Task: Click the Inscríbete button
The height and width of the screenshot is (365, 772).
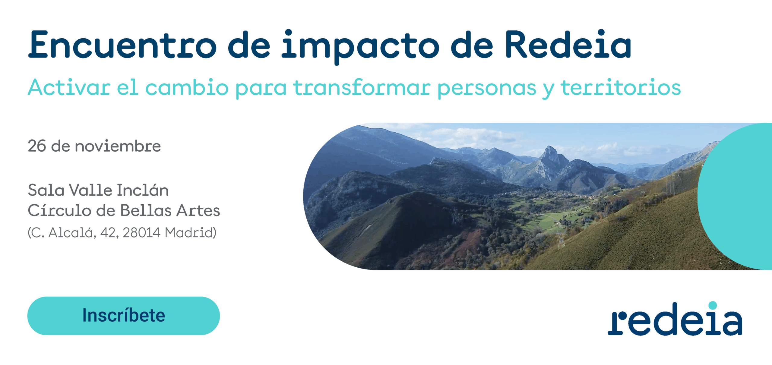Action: pyautogui.click(x=124, y=316)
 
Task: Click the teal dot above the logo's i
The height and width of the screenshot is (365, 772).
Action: pyautogui.click(x=713, y=305)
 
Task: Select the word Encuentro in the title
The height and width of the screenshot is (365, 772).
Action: pyautogui.click(x=122, y=44)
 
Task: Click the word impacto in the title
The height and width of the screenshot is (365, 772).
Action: pyautogui.click(x=360, y=47)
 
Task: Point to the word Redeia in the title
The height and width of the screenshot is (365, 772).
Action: pyautogui.click(x=568, y=44)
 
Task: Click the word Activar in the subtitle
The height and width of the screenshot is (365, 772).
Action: pyautogui.click(x=69, y=87)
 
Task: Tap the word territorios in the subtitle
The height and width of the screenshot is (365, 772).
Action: pyautogui.click(x=621, y=87)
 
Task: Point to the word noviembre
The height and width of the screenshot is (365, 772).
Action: pyautogui.click(x=118, y=146)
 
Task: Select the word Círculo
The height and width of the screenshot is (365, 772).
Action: pyautogui.click(x=59, y=210)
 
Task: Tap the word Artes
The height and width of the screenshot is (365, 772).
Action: pyautogui.click(x=198, y=210)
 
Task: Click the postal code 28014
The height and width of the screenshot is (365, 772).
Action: pyautogui.click(x=141, y=233)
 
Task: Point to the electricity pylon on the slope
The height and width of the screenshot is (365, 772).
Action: pyautogui.click(x=560, y=240)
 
